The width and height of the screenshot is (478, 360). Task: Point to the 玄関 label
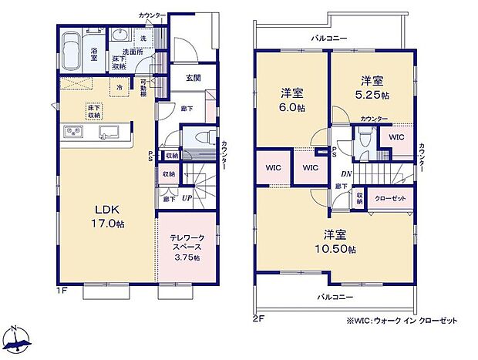[x=194, y=79]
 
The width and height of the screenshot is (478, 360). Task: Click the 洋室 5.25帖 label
[x=373, y=87]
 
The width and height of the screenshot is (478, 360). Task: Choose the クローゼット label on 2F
[x=390, y=198]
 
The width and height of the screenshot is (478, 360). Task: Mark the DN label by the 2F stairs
[x=347, y=174]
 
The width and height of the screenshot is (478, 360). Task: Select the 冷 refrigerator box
[x=119, y=89]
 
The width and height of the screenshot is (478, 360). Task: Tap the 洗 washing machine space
[x=142, y=38]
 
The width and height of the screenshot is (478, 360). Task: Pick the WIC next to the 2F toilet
[x=396, y=137]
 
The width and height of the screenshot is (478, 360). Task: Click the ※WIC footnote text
[x=390, y=321]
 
